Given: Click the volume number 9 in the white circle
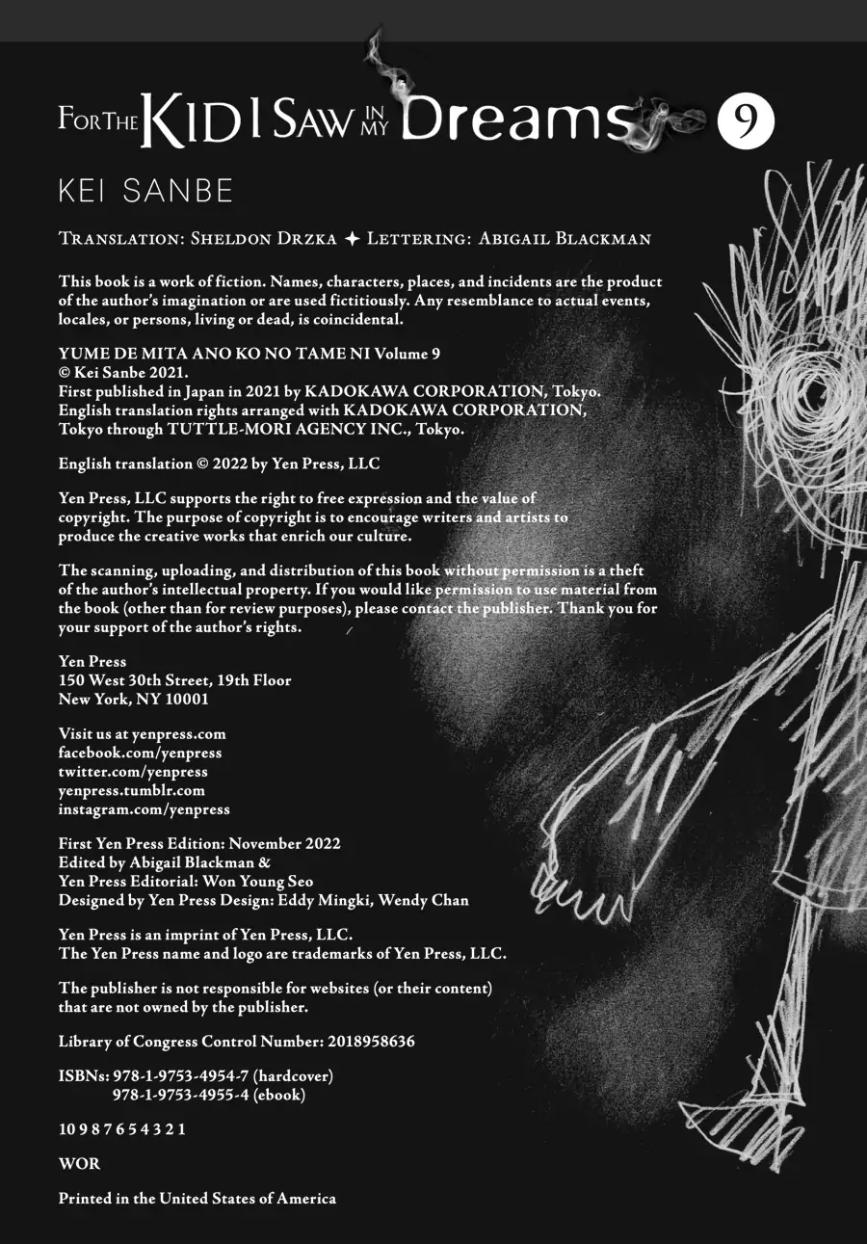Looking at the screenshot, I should point(746,122).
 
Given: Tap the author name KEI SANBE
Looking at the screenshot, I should point(146,191).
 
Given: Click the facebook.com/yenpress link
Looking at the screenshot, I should point(140,753).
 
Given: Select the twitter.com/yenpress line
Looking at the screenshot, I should point(133,771).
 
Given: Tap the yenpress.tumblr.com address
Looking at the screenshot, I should point(132,790).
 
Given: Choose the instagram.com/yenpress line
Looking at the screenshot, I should point(144,809).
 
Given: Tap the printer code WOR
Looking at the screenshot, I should point(79,1163).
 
